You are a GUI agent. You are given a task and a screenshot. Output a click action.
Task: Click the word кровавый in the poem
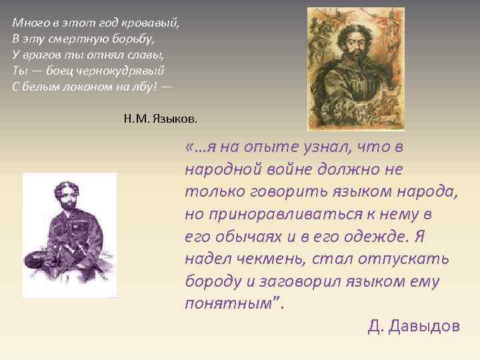(156, 23)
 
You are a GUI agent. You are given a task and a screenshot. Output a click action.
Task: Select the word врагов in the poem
(40, 54)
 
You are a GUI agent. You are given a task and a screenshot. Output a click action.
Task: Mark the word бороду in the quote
(212, 282)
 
